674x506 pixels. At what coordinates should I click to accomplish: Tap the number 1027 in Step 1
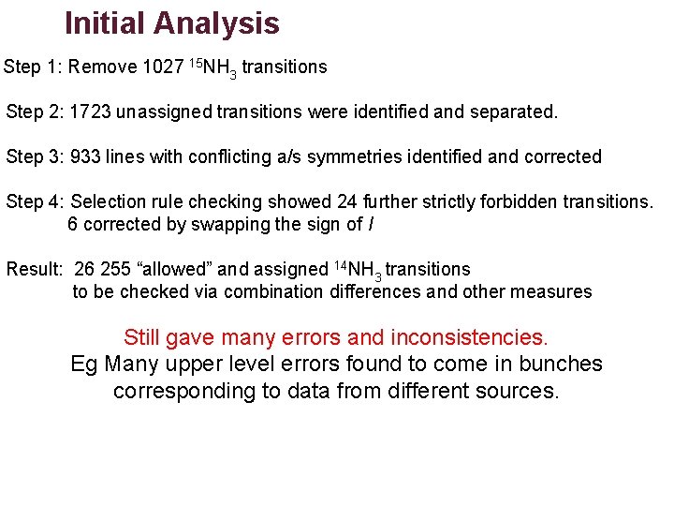click(x=164, y=67)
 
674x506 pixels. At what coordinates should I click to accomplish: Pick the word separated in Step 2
click(x=514, y=112)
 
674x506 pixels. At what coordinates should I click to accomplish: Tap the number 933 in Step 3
click(x=86, y=156)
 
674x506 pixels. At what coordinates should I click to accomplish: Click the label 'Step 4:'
click(x=35, y=201)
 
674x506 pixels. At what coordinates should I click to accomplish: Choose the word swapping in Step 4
click(x=228, y=224)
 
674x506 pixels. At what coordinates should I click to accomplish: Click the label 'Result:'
click(x=35, y=269)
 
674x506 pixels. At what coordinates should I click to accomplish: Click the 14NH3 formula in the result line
click(x=358, y=270)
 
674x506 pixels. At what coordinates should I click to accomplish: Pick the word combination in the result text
click(x=273, y=291)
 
